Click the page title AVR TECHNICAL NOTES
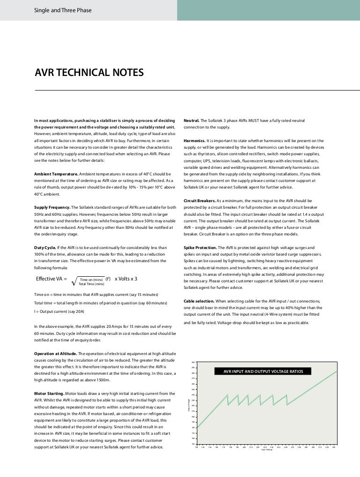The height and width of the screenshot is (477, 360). (x=89, y=73)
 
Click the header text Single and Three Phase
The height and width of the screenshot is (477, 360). (x=62, y=10)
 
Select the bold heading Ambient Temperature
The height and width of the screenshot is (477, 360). (x=56, y=174)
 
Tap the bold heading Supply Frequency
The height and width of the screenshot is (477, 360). (x=52, y=207)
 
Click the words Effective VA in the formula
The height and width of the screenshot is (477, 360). (x=51, y=279)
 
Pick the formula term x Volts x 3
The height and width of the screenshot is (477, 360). (x=126, y=279)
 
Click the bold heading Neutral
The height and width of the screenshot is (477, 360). (x=193, y=121)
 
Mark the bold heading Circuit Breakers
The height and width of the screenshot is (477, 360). (x=199, y=201)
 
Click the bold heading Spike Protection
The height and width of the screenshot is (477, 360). (x=200, y=247)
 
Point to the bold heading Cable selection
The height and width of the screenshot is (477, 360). (x=199, y=301)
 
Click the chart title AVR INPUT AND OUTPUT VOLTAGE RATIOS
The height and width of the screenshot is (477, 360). (x=262, y=371)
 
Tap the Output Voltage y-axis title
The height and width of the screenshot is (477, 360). (x=189, y=404)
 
